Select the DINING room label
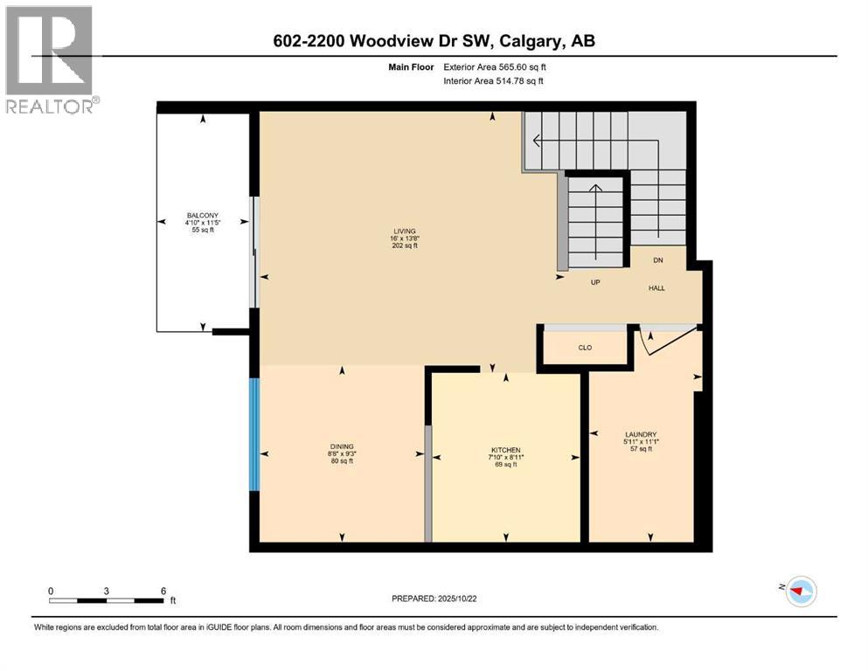(x=341, y=446)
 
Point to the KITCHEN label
(x=505, y=449)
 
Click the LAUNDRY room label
(x=641, y=434)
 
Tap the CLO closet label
(x=585, y=348)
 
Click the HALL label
(x=656, y=287)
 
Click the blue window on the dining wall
(x=254, y=434)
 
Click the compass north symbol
(x=798, y=591)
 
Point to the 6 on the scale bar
(x=163, y=591)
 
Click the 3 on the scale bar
(x=106, y=591)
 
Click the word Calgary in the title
(x=538, y=41)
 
